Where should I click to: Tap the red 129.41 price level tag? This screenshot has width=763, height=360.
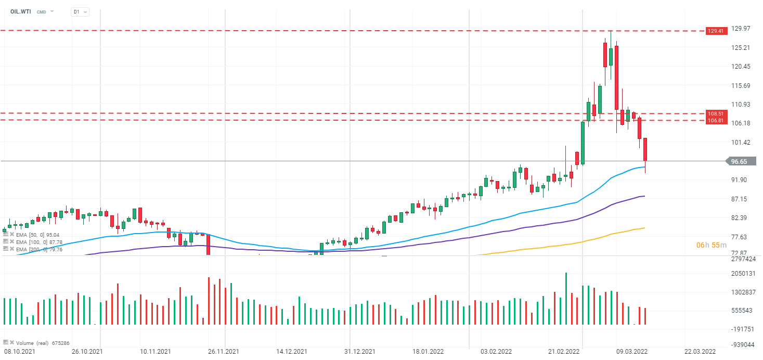coord(715,31)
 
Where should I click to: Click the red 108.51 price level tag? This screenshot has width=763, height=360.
coord(715,113)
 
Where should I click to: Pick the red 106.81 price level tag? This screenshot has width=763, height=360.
coord(715,121)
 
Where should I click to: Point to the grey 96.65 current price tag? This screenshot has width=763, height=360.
coord(739,162)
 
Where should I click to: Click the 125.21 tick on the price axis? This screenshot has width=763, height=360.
coord(741,48)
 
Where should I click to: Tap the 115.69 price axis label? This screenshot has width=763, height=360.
coord(741,86)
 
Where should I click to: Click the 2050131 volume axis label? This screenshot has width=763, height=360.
coord(743,274)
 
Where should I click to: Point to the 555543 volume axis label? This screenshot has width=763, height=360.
coord(742,311)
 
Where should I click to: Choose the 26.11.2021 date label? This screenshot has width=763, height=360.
coord(224,352)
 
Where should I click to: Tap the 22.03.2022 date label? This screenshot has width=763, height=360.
coord(700,352)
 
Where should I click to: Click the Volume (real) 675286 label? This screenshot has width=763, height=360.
coord(43,343)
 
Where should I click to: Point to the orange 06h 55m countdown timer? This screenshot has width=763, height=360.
coord(711,245)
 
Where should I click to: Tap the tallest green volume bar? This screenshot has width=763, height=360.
coord(566,299)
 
